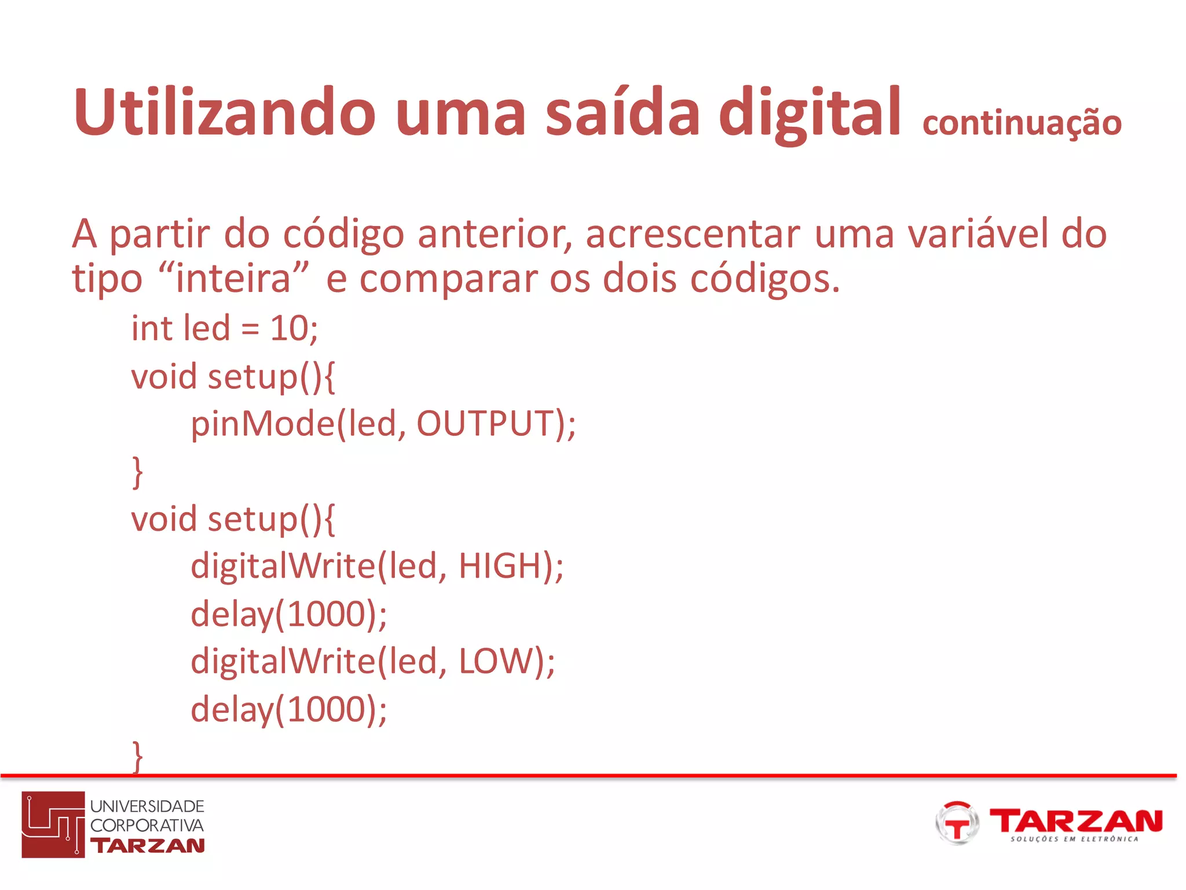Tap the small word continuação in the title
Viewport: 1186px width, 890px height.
[x=1022, y=123]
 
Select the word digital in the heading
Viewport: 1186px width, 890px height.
[x=809, y=113]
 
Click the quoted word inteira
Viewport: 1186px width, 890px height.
[x=233, y=278]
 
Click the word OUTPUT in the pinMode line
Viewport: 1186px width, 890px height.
[x=485, y=424]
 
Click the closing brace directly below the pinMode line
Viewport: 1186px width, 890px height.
[x=137, y=472]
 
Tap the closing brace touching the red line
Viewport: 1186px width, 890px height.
[x=137, y=756]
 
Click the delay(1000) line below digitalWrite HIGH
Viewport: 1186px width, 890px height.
[x=288, y=614]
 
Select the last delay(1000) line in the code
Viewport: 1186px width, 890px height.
[x=288, y=709]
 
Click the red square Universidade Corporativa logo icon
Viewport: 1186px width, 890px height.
[x=53, y=824]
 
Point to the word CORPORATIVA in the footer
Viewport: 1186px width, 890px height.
[x=147, y=825]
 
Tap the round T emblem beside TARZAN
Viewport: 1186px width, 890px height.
[x=957, y=823]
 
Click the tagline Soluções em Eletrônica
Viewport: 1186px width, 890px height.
[x=1074, y=839]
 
